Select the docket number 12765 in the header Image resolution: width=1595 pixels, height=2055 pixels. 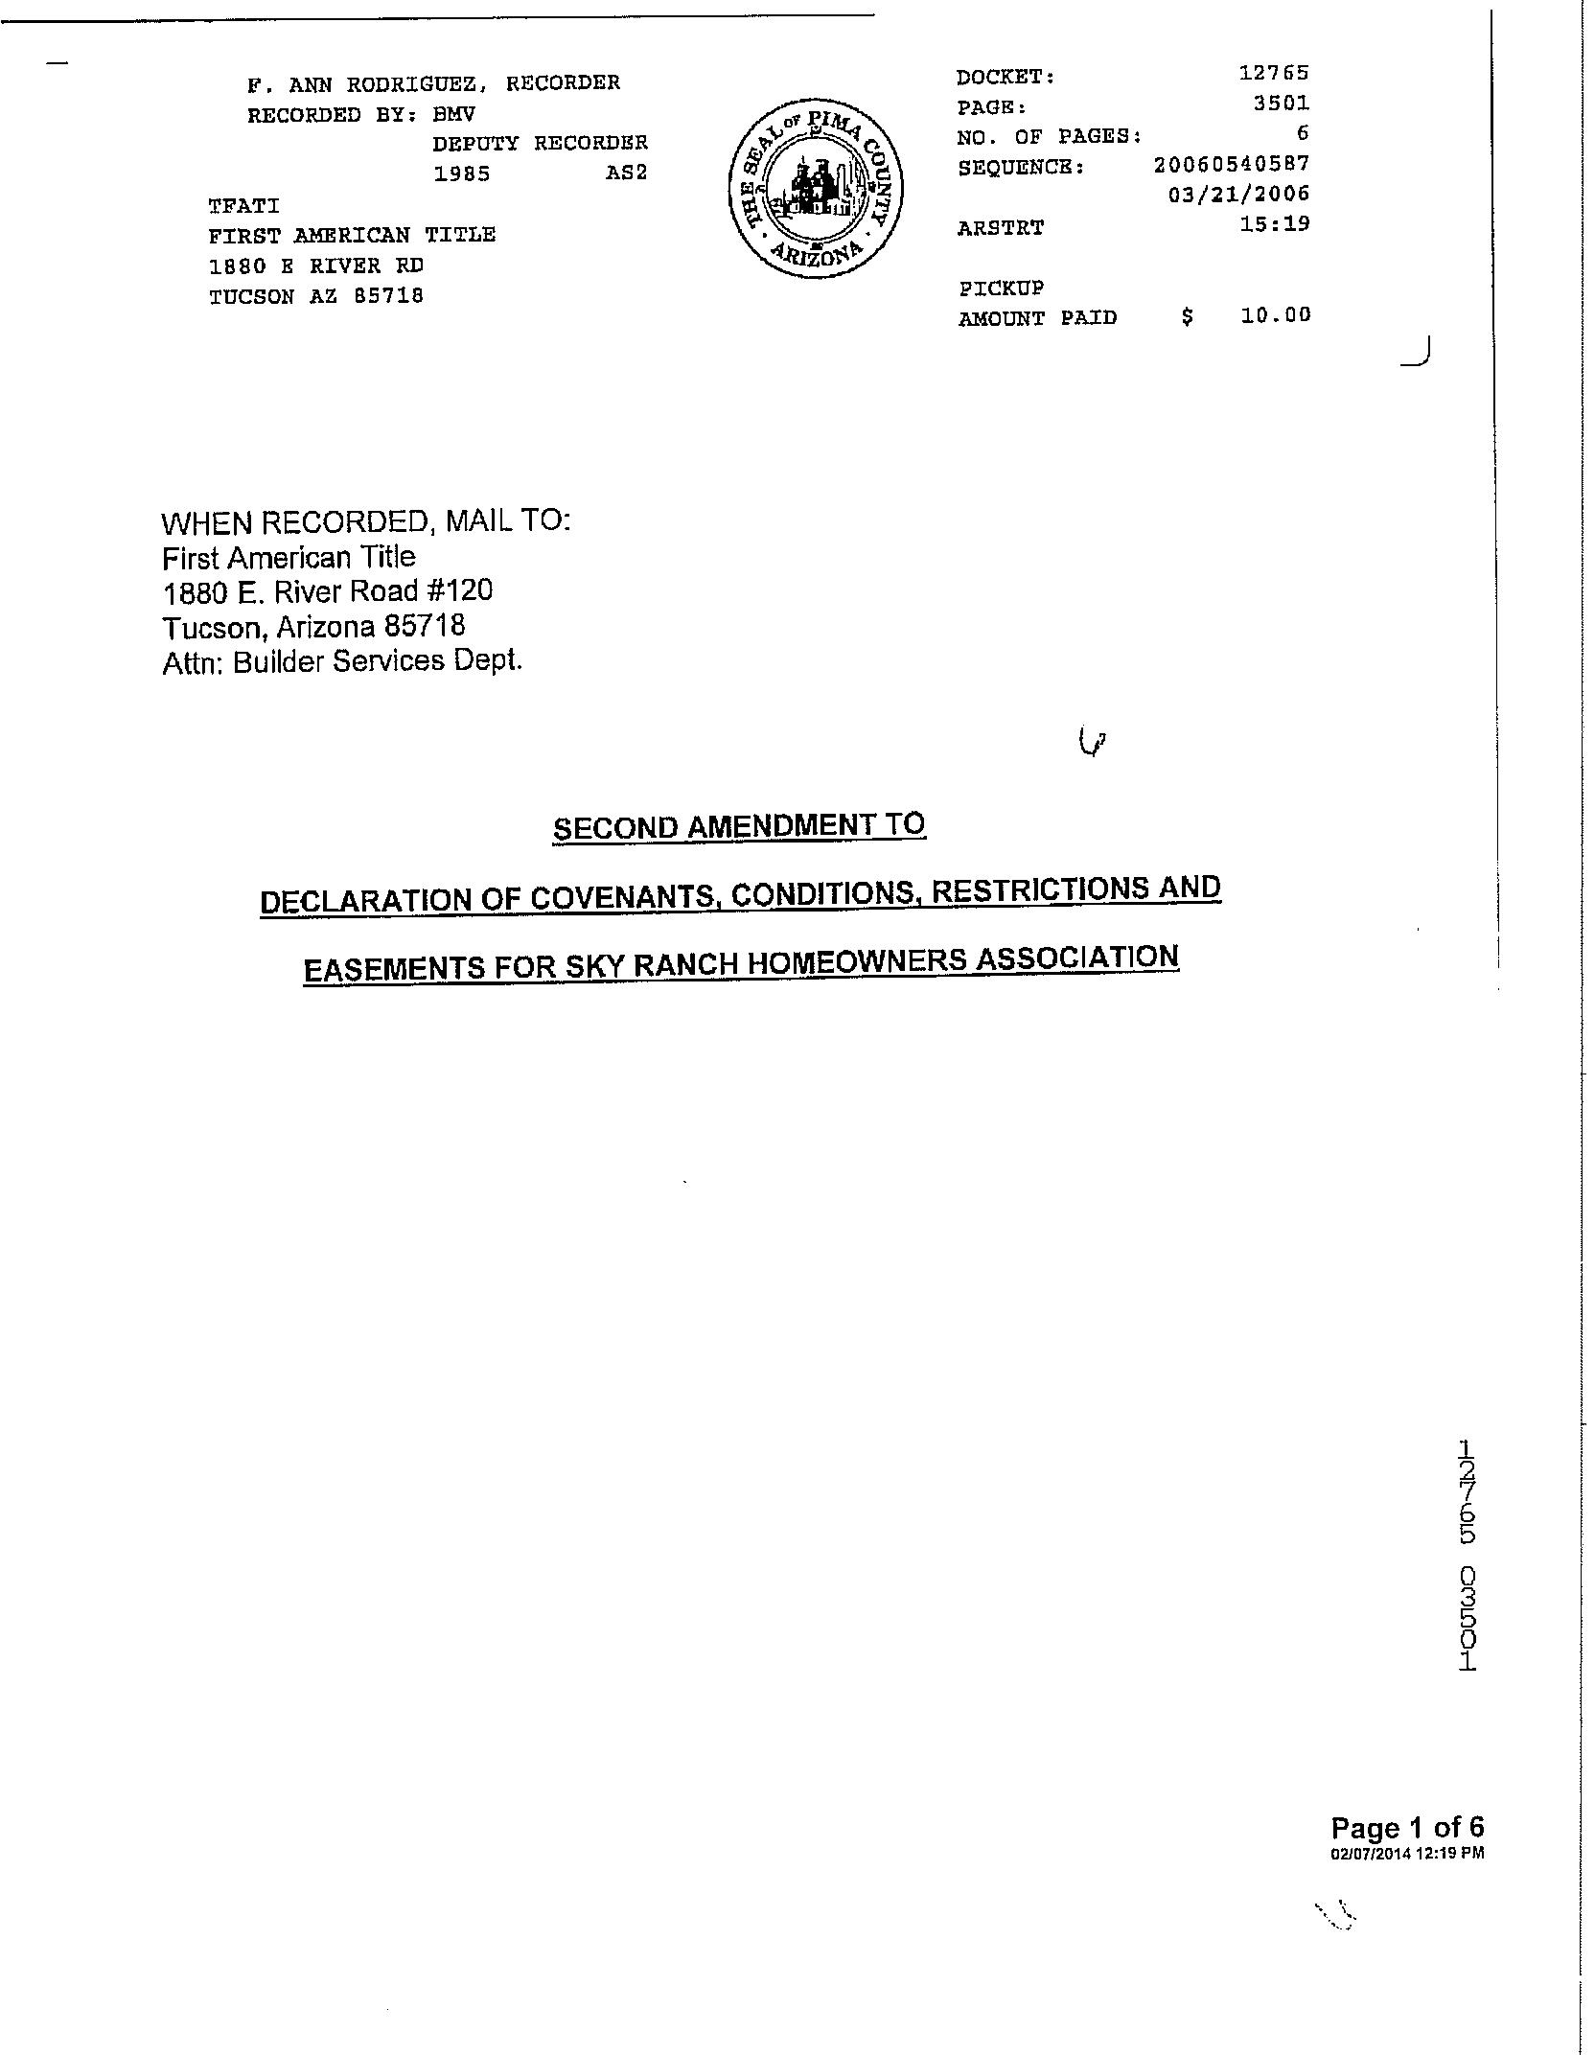click(1274, 73)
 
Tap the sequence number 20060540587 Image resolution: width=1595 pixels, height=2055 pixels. click(1232, 164)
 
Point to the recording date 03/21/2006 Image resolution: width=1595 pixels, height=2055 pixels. click(1238, 195)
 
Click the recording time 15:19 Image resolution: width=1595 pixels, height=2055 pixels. click(1274, 224)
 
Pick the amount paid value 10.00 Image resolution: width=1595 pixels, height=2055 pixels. click(1275, 315)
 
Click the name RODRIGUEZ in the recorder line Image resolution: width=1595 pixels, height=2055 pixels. click(416, 83)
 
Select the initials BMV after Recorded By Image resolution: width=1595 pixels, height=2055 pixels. click(453, 114)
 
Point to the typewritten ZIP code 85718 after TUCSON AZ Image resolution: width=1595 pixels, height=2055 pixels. click(388, 296)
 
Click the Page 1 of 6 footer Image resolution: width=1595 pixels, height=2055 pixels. click(1406, 1829)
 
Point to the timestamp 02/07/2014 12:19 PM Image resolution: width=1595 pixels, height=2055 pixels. click(1406, 1854)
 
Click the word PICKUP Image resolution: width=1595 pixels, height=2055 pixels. click(1001, 288)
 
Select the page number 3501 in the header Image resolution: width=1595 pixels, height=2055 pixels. click(1281, 103)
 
